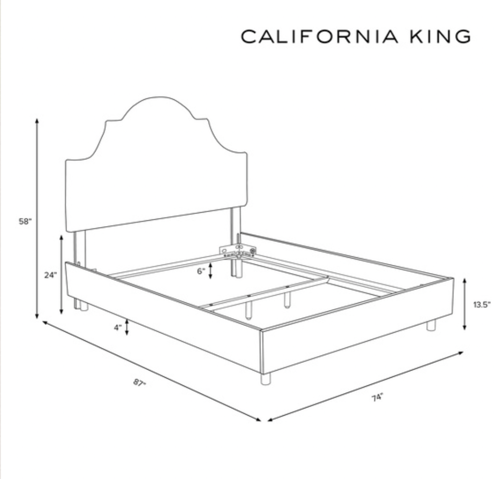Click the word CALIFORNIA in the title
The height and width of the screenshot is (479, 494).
(x=319, y=37)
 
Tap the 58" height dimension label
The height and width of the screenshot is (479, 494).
(x=25, y=222)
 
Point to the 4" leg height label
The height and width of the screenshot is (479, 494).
(x=118, y=327)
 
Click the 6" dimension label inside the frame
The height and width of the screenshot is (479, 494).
(x=201, y=271)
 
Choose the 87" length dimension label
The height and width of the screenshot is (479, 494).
(x=140, y=383)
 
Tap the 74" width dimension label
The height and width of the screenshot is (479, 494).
(x=377, y=398)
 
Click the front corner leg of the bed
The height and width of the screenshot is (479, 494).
(x=265, y=379)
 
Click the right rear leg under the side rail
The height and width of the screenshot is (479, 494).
(x=431, y=325)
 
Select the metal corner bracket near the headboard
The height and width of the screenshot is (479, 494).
(x=238, y=251)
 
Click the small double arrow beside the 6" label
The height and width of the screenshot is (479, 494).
(x=211, y=272)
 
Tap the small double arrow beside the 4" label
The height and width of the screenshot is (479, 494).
(x=127, y=327)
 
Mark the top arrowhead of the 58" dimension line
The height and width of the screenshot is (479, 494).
(x=37, y=120)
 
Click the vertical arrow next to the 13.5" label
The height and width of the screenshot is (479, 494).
(x=464, y=304)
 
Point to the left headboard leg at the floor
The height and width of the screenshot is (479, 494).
(x=83, y=307)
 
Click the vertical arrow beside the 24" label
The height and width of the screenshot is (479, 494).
(x=61, y=275)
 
